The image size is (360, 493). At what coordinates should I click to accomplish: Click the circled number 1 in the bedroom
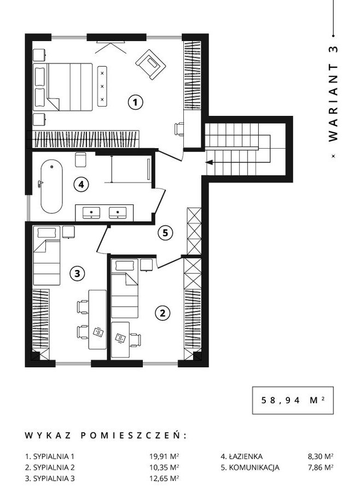136,102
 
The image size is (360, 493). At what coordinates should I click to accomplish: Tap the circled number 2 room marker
162,313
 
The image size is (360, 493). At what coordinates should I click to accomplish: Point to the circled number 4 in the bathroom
81,185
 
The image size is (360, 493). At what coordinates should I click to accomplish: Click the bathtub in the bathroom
51,186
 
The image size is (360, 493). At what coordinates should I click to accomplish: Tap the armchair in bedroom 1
150,64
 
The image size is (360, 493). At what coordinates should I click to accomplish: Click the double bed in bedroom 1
63,87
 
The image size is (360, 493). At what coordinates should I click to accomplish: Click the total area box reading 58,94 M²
293,400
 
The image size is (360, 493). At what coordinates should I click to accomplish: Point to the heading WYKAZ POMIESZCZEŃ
106,436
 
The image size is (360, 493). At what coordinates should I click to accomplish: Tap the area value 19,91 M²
164,456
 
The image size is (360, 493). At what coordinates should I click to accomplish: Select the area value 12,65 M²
164,479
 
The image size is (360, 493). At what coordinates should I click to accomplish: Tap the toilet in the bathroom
80,160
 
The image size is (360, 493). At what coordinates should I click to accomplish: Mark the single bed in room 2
125,289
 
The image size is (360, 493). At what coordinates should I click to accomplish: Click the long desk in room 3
97,319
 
